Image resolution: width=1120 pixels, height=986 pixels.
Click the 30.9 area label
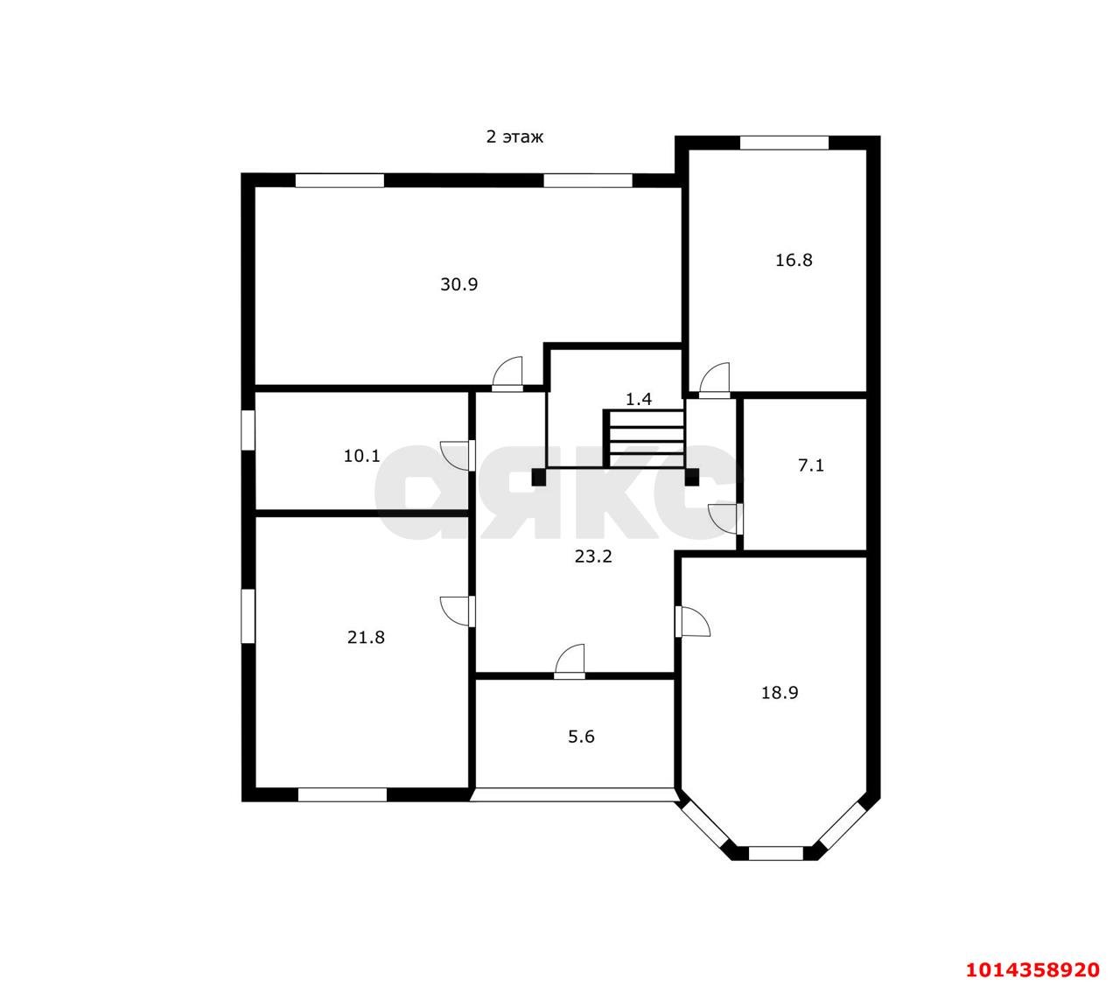coord(458,284)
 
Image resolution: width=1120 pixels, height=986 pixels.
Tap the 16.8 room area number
coord(794,260)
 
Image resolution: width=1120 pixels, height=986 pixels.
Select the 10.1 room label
coord(361,456)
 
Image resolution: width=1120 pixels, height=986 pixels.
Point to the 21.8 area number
coord(366,637)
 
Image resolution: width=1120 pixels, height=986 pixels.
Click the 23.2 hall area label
coord(593,556)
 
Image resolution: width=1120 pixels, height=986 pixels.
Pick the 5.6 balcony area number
coord(581,737)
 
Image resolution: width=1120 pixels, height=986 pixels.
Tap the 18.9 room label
coord(780,693)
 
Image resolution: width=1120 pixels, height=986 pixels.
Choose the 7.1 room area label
coord(810,465)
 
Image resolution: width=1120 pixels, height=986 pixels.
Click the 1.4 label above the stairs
coord(639,399)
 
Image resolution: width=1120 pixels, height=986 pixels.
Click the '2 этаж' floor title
coord(514,136)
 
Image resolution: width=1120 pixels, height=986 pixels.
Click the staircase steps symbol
coord(644,439)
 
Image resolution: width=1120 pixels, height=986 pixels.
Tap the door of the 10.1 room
coord(458,456)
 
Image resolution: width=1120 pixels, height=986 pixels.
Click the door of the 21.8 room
coord(458,612)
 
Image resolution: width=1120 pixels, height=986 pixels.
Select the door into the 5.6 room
coord(570,661)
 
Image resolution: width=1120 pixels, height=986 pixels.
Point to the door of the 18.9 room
coord(692,622)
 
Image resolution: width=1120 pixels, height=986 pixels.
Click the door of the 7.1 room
coord(726,520)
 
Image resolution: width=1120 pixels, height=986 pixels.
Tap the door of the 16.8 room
coord(714,381)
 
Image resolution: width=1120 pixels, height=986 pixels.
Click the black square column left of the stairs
coord(538,477)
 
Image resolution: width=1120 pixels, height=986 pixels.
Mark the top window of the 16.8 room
coord(784,143)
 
